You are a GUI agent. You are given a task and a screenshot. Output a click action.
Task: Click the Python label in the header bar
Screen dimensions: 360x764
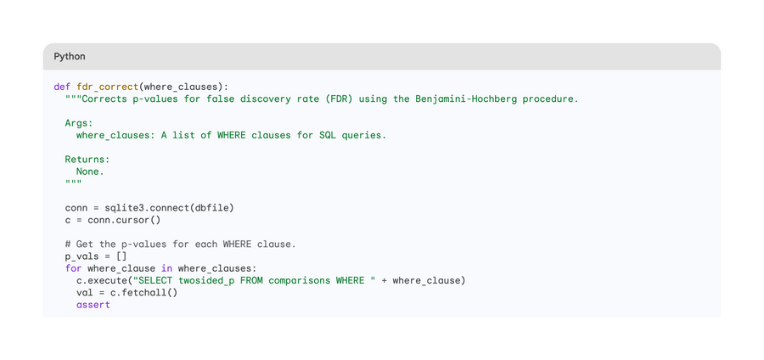point(70,57)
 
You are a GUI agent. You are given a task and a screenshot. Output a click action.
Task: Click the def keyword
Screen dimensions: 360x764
point(62,87)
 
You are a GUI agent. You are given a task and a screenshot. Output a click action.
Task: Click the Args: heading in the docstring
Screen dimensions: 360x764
point(79,123)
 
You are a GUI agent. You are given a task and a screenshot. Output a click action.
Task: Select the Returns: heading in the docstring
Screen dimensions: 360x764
point(87,160)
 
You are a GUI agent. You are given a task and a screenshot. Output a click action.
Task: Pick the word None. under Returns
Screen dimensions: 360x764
point(90,172)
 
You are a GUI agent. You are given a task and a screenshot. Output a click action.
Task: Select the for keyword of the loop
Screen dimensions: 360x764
point(73,268)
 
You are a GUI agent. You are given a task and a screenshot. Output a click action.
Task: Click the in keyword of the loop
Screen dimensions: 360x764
point(166,268)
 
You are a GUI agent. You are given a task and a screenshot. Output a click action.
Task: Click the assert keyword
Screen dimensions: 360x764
point(93,305)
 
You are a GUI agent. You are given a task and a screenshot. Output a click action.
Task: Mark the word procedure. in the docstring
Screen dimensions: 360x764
point(551,98)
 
